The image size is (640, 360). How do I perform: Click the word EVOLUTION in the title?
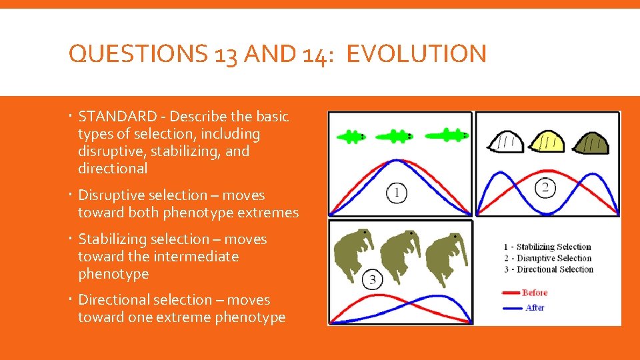point(417,54)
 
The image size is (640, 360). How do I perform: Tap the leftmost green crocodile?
point(351,137)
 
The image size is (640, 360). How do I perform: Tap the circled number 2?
point(545,188)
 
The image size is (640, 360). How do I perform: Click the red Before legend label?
point(535,293)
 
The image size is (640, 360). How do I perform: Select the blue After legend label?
point(535,307)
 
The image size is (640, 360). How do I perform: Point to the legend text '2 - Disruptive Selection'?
point(547,258)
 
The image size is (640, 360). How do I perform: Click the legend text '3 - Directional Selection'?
point(548,269)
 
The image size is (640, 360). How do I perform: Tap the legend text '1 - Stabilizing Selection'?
point(547,247)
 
